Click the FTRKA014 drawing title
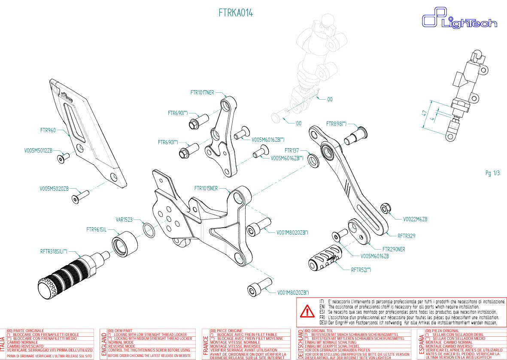coord(236,13)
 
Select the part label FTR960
coord(48,130)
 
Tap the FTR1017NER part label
coord(202,92)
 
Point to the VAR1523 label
coord(124,219)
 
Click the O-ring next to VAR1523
coord(149,230)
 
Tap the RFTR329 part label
coord(406,236)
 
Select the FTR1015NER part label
coord(206,188)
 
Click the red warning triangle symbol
coord(307,311)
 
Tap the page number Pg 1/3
coord(492,173)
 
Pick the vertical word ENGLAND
coord(103,345)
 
